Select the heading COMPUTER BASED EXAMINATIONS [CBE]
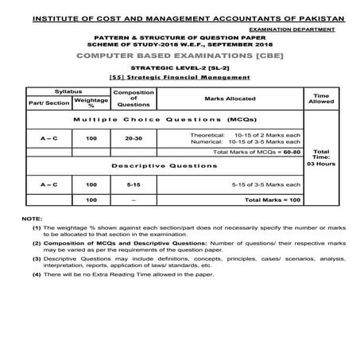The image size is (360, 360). [180, 58]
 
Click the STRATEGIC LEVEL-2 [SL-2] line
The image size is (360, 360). [180, 71]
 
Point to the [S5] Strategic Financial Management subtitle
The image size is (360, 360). [180, 79]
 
